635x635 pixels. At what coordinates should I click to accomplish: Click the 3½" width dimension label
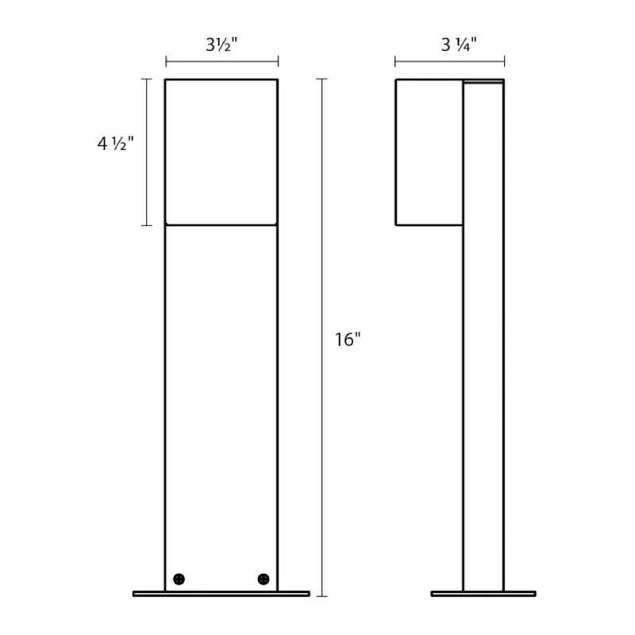pos(221,44)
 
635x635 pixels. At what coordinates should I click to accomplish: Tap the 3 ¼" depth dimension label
pos(459,44)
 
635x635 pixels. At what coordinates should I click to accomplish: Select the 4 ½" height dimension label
pos(115,144)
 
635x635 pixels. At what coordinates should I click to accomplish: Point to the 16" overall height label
pos(348,340)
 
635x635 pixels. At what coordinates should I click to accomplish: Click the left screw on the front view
pos(179,579)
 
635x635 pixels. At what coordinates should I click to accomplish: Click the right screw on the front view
pos(264,579)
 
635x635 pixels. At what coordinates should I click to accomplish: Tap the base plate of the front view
pos(221,594)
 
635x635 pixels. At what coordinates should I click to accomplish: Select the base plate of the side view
pos(483,594)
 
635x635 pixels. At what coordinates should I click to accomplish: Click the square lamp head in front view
pos(221,152)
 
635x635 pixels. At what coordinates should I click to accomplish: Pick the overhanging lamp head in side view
pos(429,152)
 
